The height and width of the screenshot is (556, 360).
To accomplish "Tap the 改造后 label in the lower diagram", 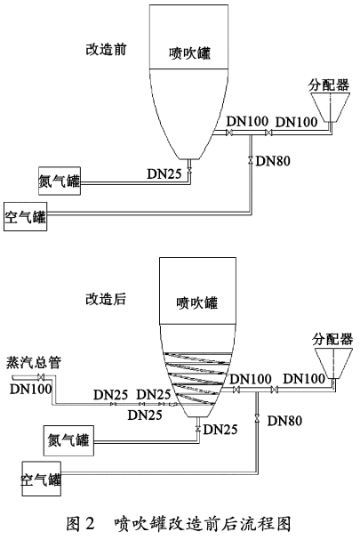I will [x=107, y=300].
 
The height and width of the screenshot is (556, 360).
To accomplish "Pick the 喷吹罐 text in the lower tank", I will [x=196, y=302].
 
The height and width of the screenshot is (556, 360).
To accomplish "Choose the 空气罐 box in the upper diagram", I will [x=27, y=216].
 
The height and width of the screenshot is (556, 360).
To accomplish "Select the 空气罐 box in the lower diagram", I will [x=39, y=481].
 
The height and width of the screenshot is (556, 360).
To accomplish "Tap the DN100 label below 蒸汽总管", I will [x=29, y=389].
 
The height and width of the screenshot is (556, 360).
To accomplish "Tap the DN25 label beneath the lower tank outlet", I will [x=221, y=430].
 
